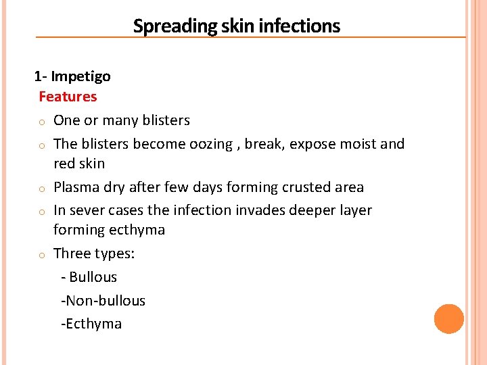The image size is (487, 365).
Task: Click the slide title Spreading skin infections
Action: click(x=237, y=26)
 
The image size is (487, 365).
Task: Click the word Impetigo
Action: click(x=80, y=76)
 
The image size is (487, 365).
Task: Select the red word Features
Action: click(x=68, y=97)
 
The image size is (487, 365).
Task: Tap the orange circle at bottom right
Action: click(x=449, y=319)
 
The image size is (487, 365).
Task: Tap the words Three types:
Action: click(x=94, y=253)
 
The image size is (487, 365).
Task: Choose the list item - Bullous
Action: click(x=89, y=277)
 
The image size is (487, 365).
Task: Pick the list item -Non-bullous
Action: click(x=103, y=301)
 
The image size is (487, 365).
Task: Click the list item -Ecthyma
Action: click(x=91, y=324)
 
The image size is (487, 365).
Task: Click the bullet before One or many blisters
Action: click(x=41, y=122)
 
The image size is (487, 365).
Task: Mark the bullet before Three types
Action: click(x=41, y=255)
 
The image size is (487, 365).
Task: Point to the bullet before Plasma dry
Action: click(x=41, y=189)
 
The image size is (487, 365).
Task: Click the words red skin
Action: click(x=79, y=164)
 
